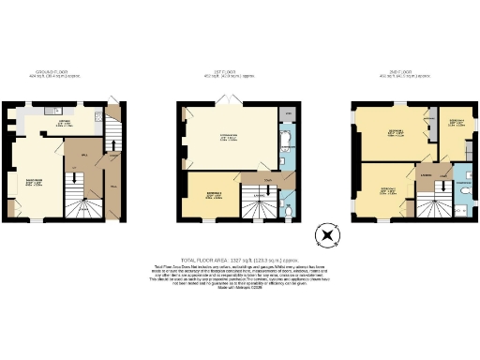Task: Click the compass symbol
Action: (x=327, y=235)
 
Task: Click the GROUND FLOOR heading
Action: (x=62, y=72)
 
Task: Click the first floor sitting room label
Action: (x=228, y=138)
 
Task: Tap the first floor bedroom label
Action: (x=214, y=196)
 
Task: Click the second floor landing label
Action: (x=426, y=174)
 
